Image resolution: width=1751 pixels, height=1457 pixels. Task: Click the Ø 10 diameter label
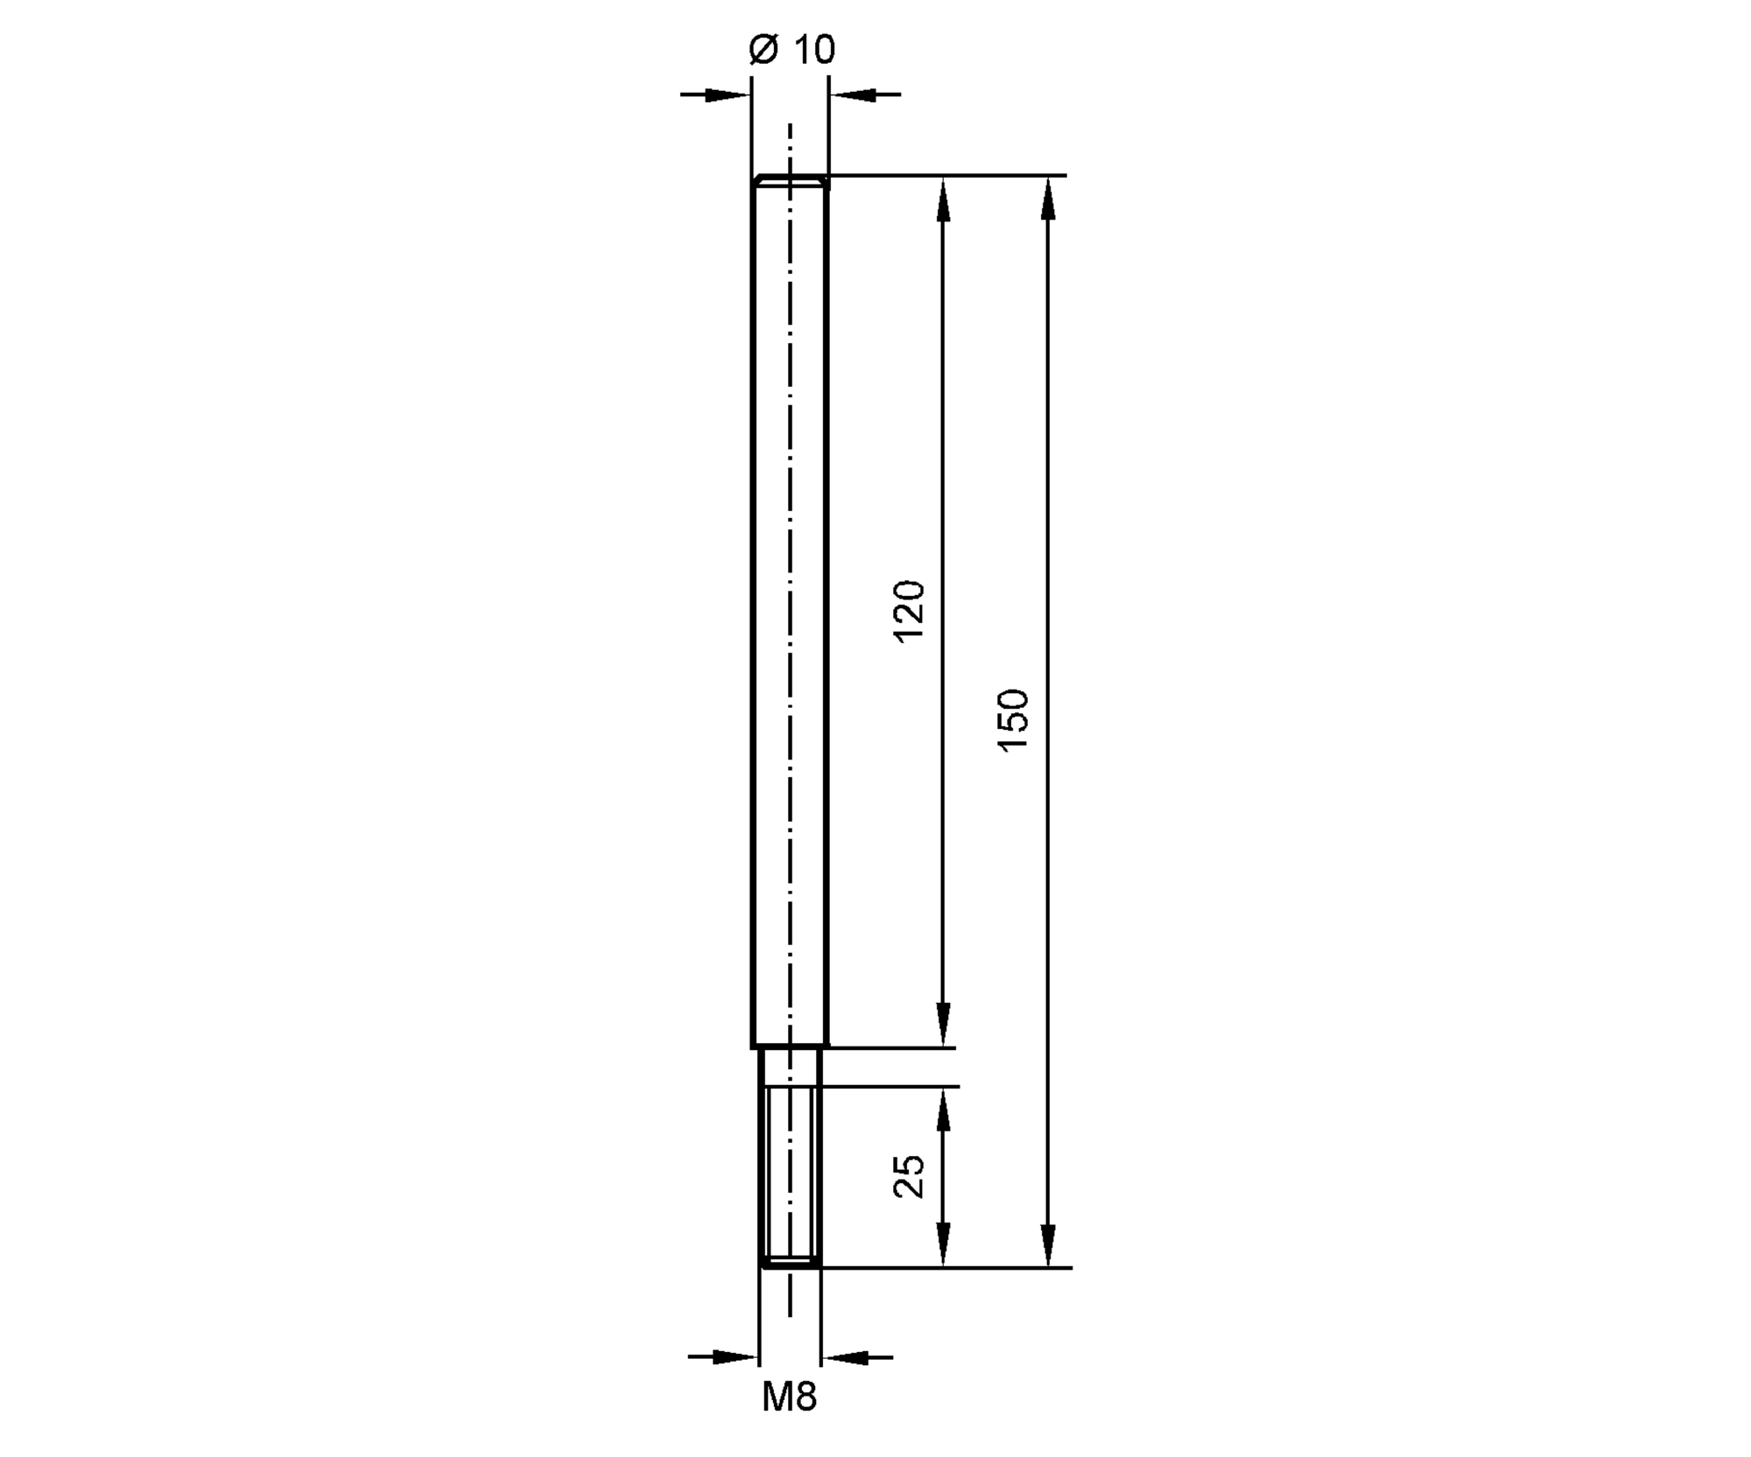[792, 49]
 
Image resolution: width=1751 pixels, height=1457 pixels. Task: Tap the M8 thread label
[789, 1397]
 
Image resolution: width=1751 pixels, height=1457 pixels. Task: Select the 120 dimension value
[909, 611]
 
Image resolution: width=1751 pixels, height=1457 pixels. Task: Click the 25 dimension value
[909, 1177]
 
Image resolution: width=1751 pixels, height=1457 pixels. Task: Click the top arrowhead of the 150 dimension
[1048, 198]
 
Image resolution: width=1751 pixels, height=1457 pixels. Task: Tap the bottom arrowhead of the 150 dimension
[1048, 1244]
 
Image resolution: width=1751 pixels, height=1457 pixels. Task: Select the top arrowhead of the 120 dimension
[943, 198]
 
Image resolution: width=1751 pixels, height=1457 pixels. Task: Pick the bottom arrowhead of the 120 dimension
[943, 1025]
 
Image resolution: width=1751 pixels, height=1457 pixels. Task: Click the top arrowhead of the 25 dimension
[943, 1109]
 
